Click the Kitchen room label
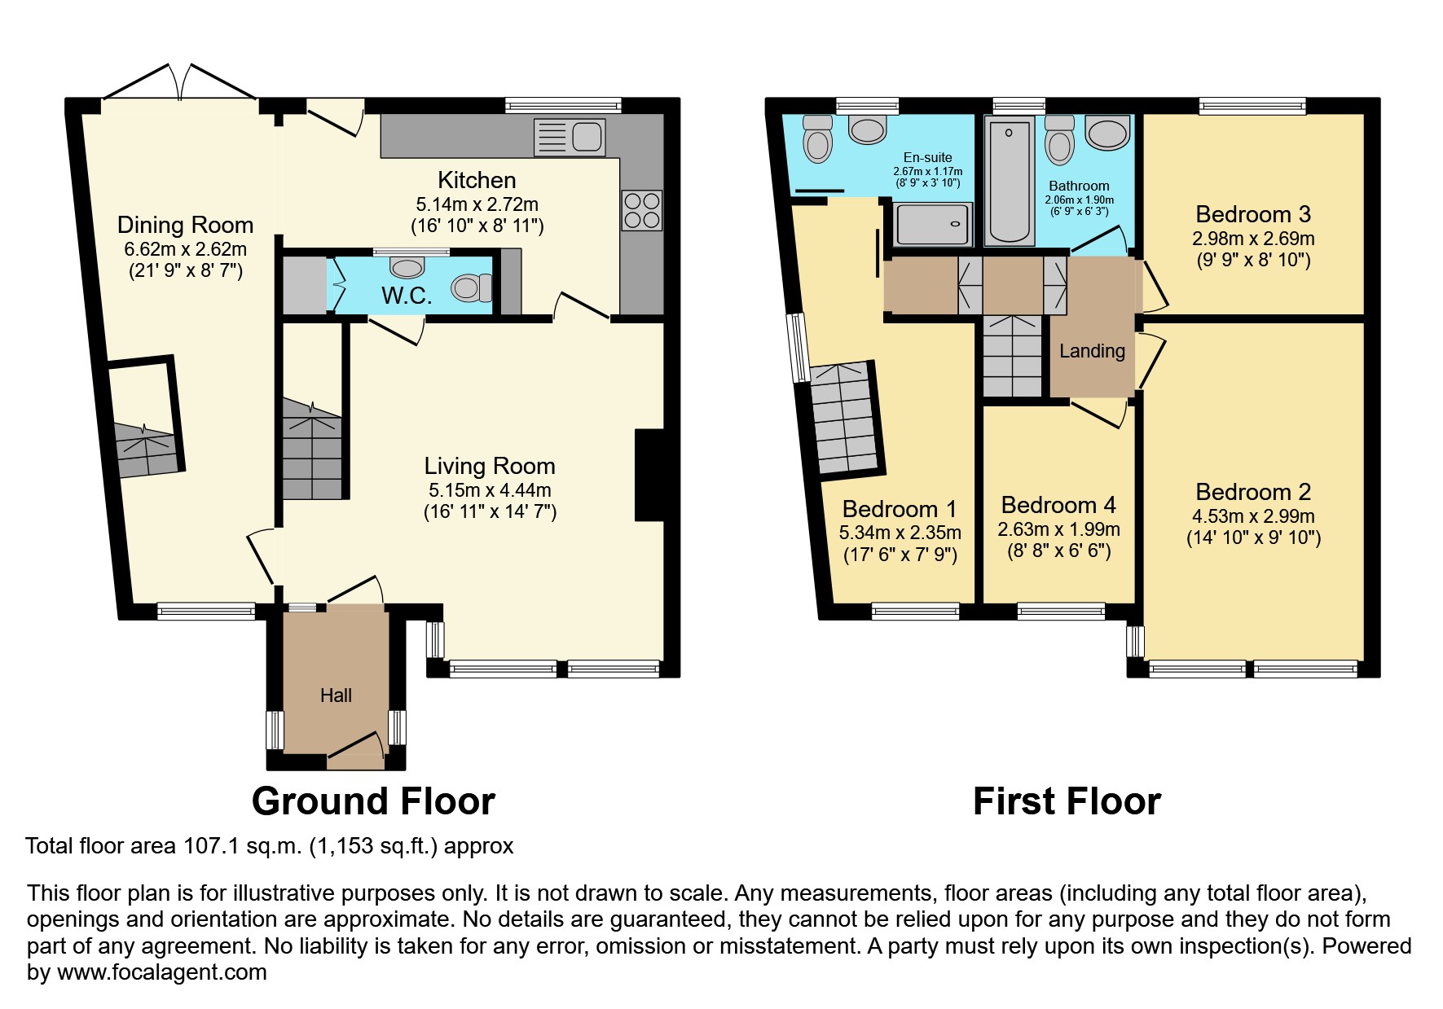pyautogui.click(x=477, y=180)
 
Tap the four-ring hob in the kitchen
pyautogui.click(x=641, y=210)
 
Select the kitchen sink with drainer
pyautogui.click(x=570, y=137)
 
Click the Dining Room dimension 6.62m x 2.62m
pyautogui.click(x=185, y=249)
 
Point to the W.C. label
pyautogui.click(x=407, y=296)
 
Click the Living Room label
pyautogui.click(x=489, y=466)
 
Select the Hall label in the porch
pyautogui.click(x=336, y=695)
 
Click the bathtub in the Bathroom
pyautogui.click(x=1009, y=181)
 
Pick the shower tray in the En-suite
pyautogui.click(x=933, y=224)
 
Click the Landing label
pyautogui.click(x=1092, y=351)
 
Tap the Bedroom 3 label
pyautogui.click(x=1252, y=214)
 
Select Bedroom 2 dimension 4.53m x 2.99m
pyautogui.click(x=1252, y=516)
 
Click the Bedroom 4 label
pyautogui.click(x=1058, y=505)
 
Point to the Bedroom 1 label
pyautogui.click(x=900, y=509)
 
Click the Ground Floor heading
pyautogui.click(x=373, y=801)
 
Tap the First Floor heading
pyautogui.click(x=1066, y=801)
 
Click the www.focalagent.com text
pyautogui.click(x=161, y=972)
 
